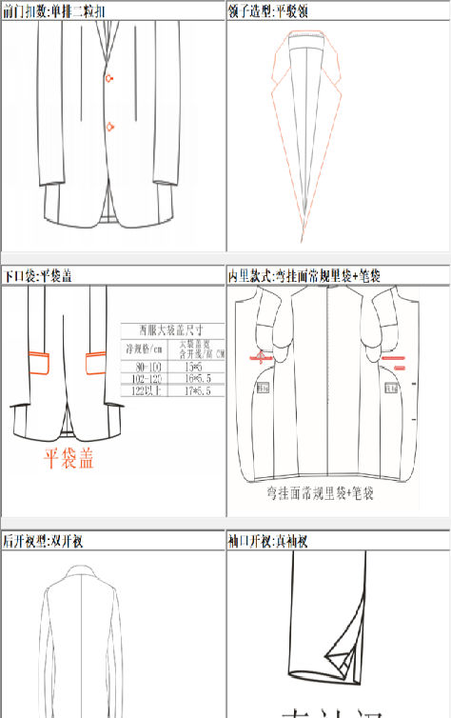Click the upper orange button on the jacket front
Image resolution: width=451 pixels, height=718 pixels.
coord(110,78)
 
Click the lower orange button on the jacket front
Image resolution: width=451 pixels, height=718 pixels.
coord(110,126)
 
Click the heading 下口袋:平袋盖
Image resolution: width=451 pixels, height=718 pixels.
coord(37,276)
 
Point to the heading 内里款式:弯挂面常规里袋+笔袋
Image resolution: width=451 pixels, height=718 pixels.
coord(304,276)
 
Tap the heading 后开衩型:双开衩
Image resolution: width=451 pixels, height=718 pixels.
coord(43,541)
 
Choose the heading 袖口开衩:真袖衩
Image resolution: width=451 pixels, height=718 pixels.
coord(268,541)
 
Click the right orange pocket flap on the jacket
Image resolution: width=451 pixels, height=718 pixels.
coord(95,361)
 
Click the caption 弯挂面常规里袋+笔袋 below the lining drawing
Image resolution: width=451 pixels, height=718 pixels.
coord(323,496)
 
